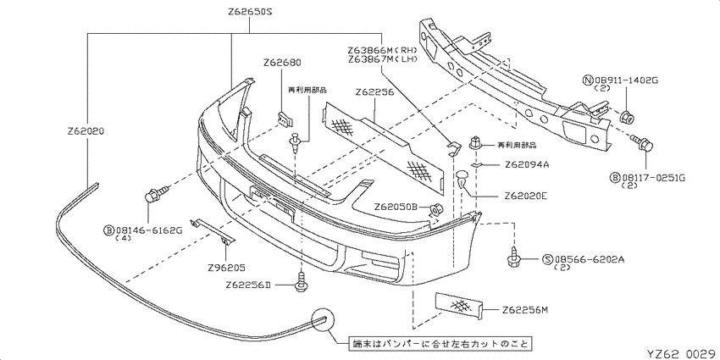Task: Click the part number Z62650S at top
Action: [x=250, y=12]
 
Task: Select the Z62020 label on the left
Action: [x=86, y=131]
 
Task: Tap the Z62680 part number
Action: [x=283, y=63]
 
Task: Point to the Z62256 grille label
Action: [x=374, y=91]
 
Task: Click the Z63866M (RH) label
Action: [x=382, y=50]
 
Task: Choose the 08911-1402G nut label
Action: [x=626, y=80]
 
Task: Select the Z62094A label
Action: [x=527, y=164]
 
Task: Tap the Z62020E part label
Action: [x=526, y=196]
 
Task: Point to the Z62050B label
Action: [x=396, y=207]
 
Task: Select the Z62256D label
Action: [x=247, y=285]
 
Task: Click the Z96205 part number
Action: [x=227, y=267]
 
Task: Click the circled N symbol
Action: [x=587, y=80]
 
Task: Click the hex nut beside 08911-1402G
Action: [x=625, y=118]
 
